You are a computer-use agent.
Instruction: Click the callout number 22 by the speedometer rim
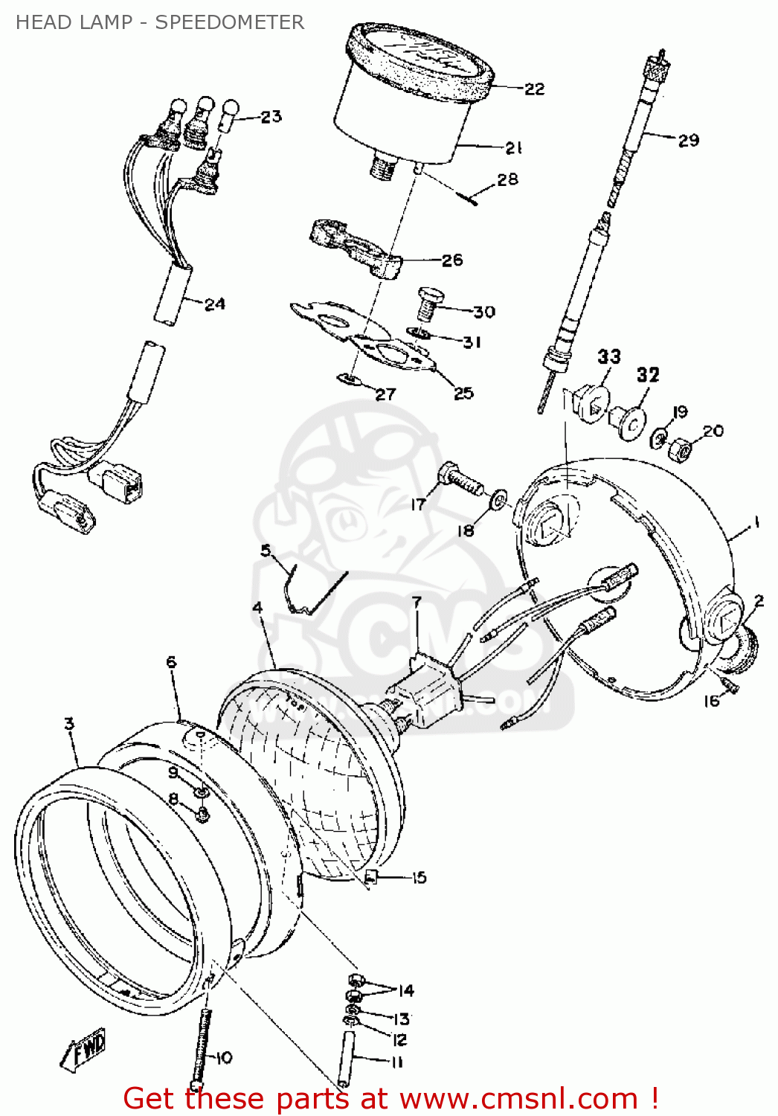[x=534, y=89]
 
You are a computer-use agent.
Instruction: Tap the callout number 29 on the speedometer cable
[x=688, y=140]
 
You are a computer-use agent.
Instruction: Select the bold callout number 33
[x=609, y=357]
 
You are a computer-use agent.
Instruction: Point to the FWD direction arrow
[x=83, y=1049]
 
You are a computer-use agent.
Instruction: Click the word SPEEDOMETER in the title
[x=229, y=22]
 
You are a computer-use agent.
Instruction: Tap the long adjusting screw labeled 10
[x=199, y=1049]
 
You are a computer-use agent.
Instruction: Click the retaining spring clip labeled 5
[x=312, y=591]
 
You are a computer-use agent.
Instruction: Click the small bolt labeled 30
[x=428, y=304]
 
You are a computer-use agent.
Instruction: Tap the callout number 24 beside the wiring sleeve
[x=214, y=304]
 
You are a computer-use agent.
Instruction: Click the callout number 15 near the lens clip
[x=419, y=878]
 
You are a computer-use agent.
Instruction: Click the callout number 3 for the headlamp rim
[x=69, y=723]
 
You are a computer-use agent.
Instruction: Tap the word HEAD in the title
[x=42, y=22]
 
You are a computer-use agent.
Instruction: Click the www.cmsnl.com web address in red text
[x=518, y=1099]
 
